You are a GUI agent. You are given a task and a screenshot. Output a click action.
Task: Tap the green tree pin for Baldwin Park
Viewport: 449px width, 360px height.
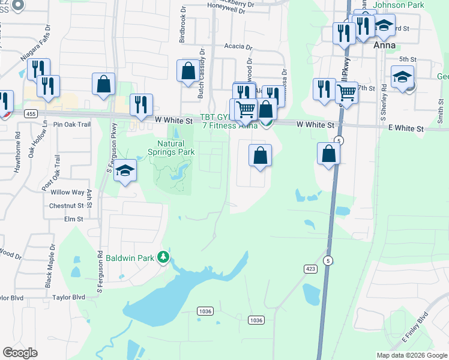[163, 257]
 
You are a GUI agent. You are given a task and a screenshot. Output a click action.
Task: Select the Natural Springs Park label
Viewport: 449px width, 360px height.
[176, 148]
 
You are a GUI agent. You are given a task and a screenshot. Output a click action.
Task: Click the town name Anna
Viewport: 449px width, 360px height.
[385, 45]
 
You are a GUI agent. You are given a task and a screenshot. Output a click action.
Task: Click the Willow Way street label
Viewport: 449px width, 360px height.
[68, 192]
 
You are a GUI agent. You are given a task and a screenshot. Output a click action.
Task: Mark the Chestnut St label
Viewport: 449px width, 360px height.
[66, 206]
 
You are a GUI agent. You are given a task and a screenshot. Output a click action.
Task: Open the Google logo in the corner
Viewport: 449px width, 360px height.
[20, 353]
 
